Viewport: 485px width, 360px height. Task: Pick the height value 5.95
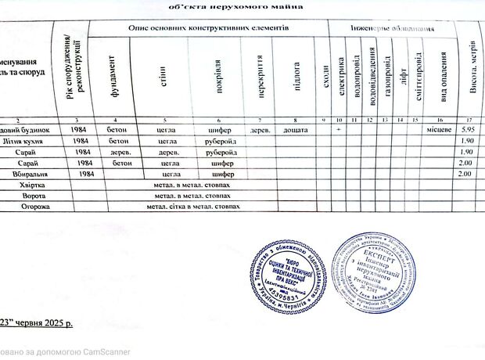(x=469, y=128)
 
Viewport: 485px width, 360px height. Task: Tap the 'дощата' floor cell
(x=293, y=128)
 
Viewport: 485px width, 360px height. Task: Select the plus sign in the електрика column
(x=338, y=128)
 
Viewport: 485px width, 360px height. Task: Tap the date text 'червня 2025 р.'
(x=45, y=322)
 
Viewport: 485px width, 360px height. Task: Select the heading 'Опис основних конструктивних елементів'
(x=209, y=27)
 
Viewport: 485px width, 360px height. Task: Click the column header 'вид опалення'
(x=444, y=76)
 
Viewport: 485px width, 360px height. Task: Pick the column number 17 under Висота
(x=469, y=117)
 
